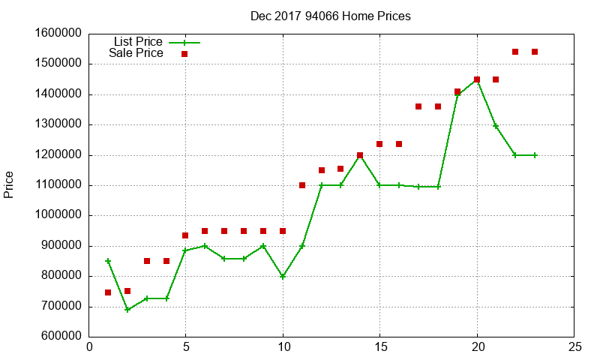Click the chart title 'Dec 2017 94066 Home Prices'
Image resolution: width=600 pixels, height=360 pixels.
coord(331,16)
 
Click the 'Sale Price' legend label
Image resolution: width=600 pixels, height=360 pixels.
coord(136,53)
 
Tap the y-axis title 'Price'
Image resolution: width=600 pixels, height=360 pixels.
coord(9,184)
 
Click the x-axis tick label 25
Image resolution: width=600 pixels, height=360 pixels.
coord(574,348)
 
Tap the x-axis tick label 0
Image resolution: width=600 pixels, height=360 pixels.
coord(89,348)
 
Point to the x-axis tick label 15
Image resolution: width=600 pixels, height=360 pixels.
coord(380,348)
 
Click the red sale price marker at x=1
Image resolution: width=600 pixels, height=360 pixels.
coord(108,292)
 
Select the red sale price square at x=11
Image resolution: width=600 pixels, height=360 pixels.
coord(302,185)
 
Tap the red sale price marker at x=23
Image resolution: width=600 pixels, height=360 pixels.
coord(535,52)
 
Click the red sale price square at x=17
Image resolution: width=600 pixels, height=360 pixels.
coord(418,106)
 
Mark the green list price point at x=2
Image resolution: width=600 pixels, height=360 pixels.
coord(127,310)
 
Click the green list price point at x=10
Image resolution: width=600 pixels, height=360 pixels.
coord(283,277)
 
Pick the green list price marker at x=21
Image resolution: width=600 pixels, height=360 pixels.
coord(496,126)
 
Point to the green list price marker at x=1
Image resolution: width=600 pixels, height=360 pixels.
coord(108,261)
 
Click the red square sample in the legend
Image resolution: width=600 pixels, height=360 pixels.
coord(184,54)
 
